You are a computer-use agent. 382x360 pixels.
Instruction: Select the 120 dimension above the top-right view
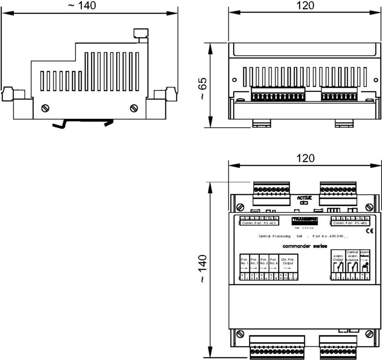pyautogui.click(x=305, y=5)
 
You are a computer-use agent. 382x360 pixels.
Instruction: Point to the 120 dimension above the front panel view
pyautogui.click(x=305, y=158)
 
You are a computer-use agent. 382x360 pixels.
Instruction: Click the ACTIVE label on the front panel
pyautogui.click(x=304, y=198)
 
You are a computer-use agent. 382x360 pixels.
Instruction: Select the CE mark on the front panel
pyautogui.click(x=369, y=231)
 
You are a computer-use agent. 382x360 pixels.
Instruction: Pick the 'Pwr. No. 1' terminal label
pyautogui.click(x=244, y=261)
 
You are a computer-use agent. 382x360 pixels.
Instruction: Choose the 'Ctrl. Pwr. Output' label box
pyautogui.click(x=288, y=261)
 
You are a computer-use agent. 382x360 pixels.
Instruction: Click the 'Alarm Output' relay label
pyautogui.click(x=338, y=258)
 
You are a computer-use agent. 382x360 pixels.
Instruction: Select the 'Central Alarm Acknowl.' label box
pyautogui.click(x=352, y=256)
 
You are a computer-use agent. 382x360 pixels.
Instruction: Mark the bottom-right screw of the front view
pyautogui.click(x=369, y=334)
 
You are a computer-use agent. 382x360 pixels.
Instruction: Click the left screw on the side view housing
pyautogui.click(x=45, y=108)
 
